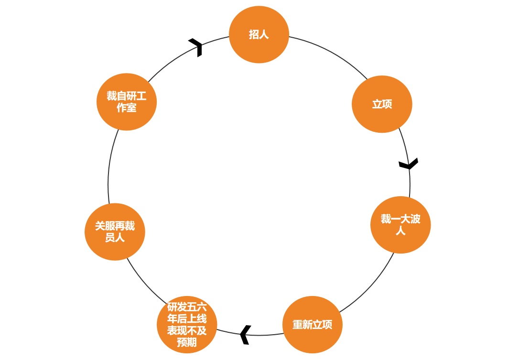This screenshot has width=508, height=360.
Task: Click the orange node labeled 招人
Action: tap(259, 34)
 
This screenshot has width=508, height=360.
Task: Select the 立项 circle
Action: tap(382, 104)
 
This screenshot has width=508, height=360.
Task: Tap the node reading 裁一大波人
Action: tap(400, 224)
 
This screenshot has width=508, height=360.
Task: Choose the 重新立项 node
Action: tap(313, 325)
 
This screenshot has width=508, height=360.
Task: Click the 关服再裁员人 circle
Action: tap(115, 232)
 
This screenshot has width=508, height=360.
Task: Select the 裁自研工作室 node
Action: tap(127, 102)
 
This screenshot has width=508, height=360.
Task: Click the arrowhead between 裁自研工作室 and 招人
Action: tap(196, 47)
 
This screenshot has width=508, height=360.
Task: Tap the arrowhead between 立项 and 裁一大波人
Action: tap(409, 164)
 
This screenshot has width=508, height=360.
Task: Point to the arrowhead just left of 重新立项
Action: tap(245, 334)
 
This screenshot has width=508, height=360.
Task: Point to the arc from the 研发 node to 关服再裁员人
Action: tap(141, 282)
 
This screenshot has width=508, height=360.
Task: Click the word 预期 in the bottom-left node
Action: tap(187, 342)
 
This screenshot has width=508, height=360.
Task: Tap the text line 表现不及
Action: tap(187, 330)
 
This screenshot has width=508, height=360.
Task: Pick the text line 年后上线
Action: tap(187, 318)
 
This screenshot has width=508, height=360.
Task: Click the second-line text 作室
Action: tap(127, 108)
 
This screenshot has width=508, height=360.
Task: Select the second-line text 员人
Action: tap(115, 238)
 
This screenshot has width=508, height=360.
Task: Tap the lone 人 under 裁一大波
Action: tap(400, 231)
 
